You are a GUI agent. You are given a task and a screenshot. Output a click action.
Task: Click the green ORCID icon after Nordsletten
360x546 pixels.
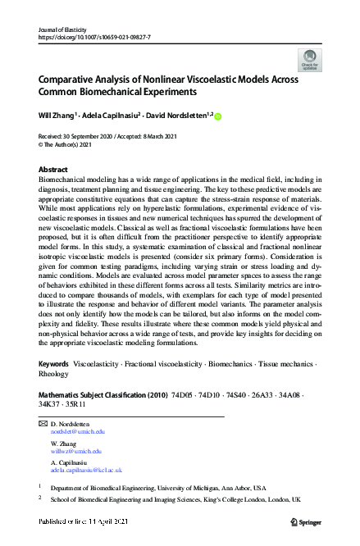[x=219, y=116]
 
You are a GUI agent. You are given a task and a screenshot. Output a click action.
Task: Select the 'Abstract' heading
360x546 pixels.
[x=53, y=169]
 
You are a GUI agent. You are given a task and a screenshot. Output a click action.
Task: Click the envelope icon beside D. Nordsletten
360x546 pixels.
[x=43, y=423]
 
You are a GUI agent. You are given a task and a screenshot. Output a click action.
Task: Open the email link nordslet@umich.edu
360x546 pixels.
[x=78, y=430]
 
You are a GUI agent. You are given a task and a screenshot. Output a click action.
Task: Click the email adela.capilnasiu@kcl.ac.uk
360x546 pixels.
[x=86, y=471]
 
